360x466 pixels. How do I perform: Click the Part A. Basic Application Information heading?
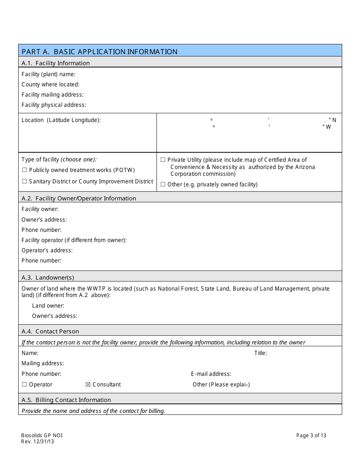99,52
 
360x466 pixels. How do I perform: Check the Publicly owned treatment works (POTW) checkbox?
25,170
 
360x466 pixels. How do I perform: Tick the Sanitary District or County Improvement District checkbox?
25,181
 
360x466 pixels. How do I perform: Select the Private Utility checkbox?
163,160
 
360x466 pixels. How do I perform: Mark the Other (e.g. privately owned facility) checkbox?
163,185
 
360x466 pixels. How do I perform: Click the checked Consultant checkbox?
88,385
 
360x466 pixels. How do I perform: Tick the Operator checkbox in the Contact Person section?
25,385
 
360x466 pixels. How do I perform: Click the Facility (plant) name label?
49,74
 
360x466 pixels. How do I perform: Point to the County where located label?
50,84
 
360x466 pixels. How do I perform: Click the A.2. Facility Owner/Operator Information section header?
79,198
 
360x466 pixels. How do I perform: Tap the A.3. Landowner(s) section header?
48,277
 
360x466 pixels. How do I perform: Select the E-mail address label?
211,374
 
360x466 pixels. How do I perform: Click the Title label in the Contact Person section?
260,353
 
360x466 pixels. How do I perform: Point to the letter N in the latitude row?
334,120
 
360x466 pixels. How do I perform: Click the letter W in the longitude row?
328,127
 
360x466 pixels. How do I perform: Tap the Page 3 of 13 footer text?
311,435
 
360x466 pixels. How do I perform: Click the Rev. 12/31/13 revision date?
38,441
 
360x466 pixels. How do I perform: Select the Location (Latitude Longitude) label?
61,120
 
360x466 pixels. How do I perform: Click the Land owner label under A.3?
48,306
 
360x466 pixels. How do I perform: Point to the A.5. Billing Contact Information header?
66,400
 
